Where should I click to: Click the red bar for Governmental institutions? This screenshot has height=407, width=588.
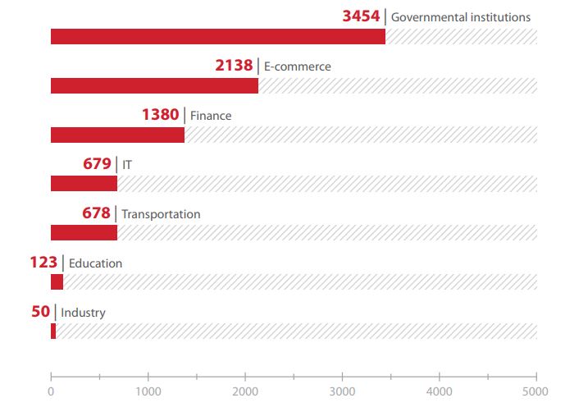tap(217, 36)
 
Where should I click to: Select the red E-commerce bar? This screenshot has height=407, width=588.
tap(154, 85)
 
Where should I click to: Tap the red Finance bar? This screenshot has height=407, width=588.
tap(117, 135)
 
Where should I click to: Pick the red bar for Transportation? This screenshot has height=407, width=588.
tap(84, 232)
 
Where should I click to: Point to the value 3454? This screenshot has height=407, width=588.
tap(361, 16)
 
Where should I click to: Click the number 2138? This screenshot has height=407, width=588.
tap(234, 66)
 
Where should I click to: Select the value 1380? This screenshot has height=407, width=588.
tap(160, 115)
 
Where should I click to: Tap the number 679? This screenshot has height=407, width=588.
tap(97, 164)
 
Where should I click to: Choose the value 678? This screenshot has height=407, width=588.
tap(96, 213)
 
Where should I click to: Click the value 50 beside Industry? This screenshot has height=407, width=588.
tap(41, 312)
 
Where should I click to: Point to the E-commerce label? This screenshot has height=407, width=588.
tap(297, 66)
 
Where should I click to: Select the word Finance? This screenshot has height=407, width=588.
tap(211, 116)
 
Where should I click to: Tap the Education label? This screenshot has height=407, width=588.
tap(95, 263)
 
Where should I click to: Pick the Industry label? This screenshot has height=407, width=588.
tap(83, 313)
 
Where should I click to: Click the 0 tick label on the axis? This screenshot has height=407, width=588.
tap(51, 391)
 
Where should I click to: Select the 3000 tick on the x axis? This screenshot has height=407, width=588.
tap(342, 391)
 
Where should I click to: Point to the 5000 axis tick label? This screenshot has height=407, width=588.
tap(536, 391)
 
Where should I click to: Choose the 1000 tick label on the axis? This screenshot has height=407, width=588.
tap(148, 391)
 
